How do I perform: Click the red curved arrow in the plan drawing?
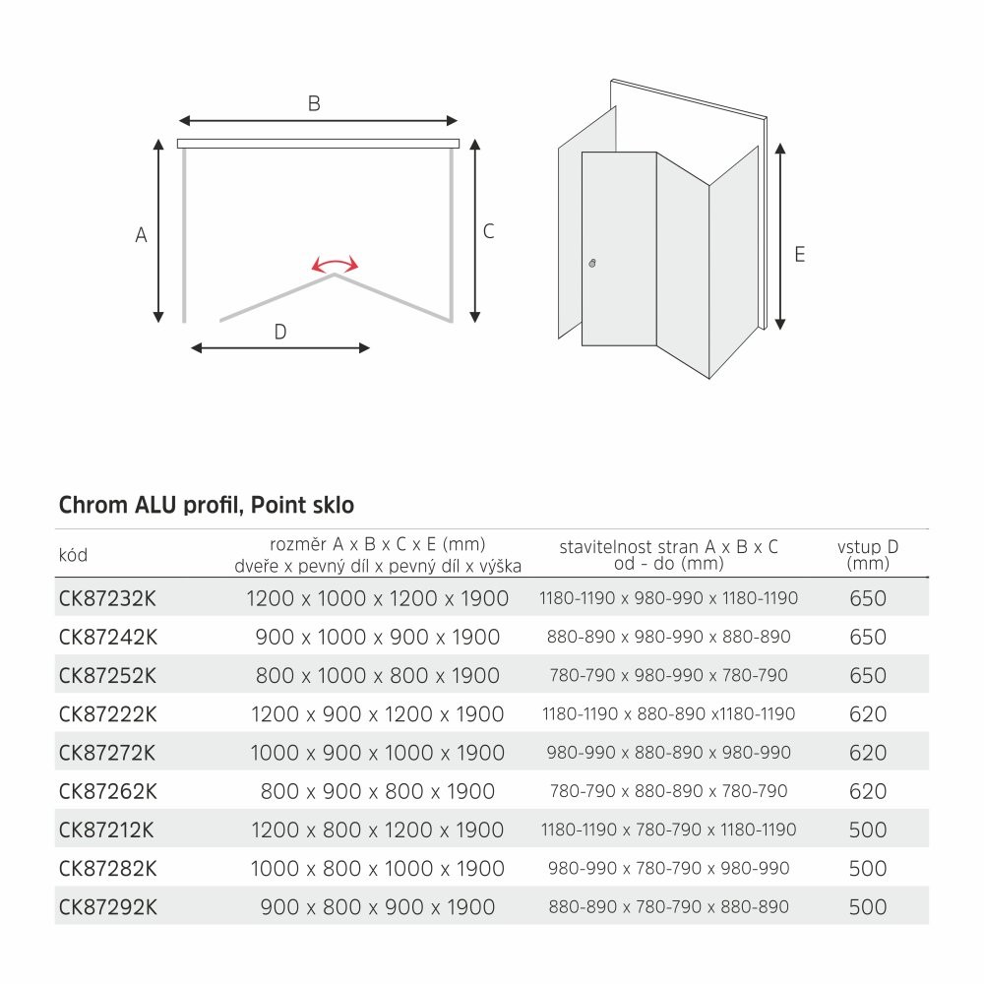coord(335,265)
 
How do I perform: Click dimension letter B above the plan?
coord(314,103)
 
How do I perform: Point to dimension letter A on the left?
coord(141,235)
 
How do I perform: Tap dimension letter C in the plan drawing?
coord(488,232)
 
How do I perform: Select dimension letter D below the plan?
coord(279,332)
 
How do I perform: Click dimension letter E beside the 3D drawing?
coord(799,254)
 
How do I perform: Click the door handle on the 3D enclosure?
coord(592,264)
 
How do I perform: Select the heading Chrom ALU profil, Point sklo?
coord(207,506)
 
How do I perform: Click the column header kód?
coord(73,555)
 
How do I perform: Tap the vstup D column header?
coord(867,555)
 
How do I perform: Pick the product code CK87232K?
coord(108,598)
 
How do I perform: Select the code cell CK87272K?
coord(108,753)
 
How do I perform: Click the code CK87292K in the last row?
coord(108,907)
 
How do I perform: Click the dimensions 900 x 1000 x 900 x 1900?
coord(378,637)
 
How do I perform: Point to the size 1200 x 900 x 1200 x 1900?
coord(378,714)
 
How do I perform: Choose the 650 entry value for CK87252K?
coord(867,676)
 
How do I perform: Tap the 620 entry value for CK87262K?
coord(867,791)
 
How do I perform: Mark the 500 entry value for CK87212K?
coord(867,830)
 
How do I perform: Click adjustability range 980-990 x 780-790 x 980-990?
coord(669,869)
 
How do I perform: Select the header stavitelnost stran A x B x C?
coord(669,547)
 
